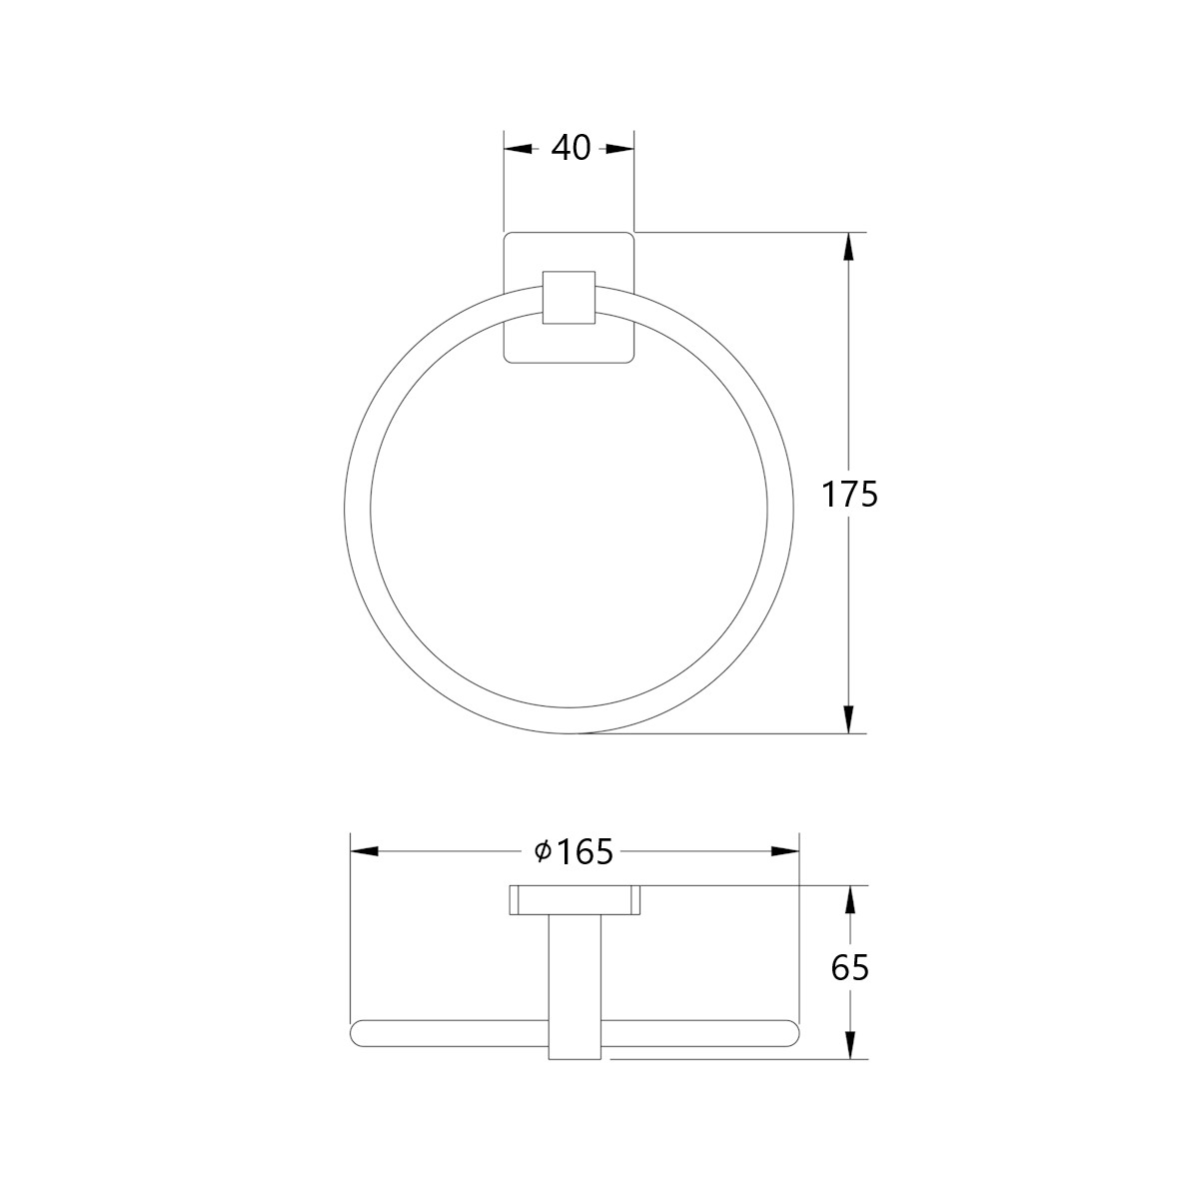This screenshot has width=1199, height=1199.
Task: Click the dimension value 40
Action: [572, 149]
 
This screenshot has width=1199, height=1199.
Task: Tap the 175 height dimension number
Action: [850, 496]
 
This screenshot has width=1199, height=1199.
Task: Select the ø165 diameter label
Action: [575, 852]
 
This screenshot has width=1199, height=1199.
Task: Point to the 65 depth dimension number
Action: [850, 969]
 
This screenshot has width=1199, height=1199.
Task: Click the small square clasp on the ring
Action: [570, 298]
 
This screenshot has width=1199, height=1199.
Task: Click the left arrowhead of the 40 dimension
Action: [518, 149]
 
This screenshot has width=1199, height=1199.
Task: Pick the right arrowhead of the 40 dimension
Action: [619, 149]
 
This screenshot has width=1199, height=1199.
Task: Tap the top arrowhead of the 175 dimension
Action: [850, 247]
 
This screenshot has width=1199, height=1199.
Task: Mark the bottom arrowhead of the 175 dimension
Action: [850, 718]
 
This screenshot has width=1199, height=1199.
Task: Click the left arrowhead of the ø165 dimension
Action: [365, 851]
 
